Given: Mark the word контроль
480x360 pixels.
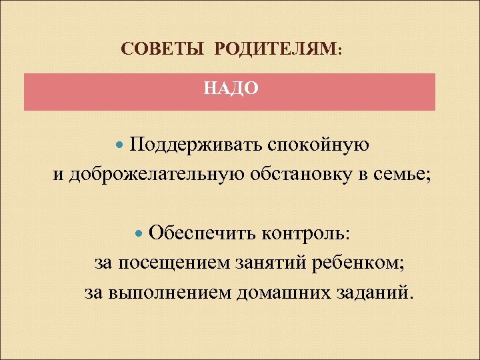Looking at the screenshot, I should (x=307, y=235).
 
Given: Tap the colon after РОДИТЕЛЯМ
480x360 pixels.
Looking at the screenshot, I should (x=341, y=53).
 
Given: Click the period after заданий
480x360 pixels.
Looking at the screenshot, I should (x=410, y=298).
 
